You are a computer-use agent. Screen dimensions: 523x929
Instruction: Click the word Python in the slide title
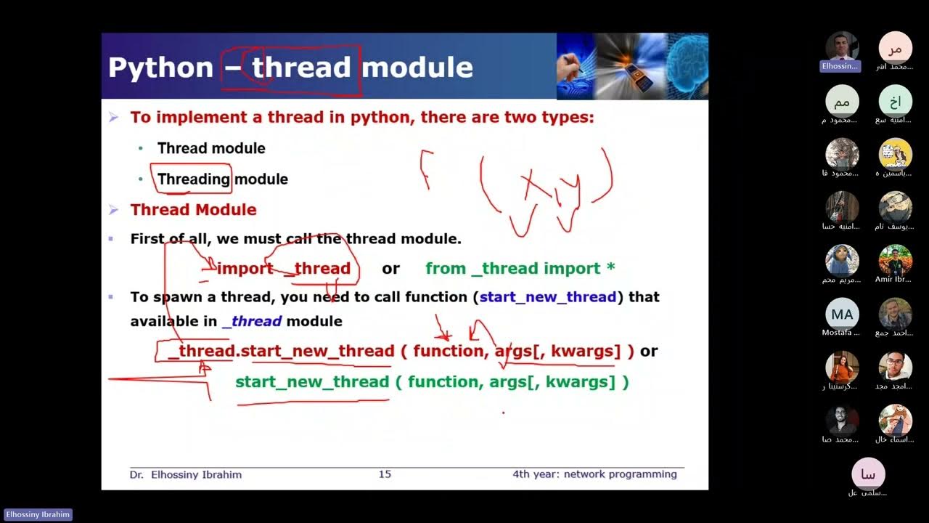(160, 68)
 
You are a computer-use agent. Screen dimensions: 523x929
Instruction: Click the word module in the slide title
(417, 68)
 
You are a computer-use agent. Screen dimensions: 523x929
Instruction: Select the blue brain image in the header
(687, 66)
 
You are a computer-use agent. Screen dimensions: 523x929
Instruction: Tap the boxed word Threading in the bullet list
(193, 179)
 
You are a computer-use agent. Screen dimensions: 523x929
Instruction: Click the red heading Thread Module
(193, 210)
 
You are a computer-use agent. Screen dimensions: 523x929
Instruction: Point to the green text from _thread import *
(520, 269)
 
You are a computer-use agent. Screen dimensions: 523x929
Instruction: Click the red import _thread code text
(283, 269)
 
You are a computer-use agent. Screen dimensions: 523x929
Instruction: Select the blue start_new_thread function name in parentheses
(548, 297)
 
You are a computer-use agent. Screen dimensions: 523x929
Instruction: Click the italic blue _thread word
(252, 321)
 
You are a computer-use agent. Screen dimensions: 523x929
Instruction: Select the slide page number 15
(385, 474)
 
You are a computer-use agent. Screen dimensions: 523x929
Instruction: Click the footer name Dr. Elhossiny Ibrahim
(186, 474)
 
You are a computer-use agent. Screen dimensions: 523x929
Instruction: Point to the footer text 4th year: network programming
(594, 474)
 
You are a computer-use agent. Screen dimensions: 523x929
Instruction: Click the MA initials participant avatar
(842, 314)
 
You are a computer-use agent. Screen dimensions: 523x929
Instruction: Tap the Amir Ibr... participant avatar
(895, 260)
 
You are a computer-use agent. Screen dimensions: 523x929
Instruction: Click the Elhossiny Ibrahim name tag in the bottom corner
(36, 515)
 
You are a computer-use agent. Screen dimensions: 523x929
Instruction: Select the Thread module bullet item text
(211, 148)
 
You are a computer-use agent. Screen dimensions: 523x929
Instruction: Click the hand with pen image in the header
(576, 66)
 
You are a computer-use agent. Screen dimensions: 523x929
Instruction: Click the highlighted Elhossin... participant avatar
(842, 48)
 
